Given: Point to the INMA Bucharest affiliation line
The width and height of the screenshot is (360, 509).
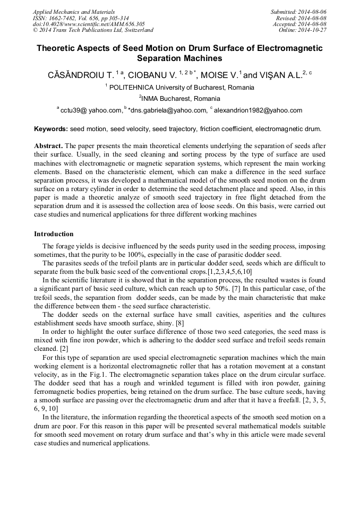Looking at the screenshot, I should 179,99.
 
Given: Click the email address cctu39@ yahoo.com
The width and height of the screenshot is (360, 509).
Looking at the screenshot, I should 91,110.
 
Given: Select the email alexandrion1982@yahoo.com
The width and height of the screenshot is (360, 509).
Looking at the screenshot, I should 258,110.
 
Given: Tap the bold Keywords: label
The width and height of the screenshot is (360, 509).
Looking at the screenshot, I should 51,129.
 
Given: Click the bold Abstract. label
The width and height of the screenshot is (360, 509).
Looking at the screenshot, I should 48,145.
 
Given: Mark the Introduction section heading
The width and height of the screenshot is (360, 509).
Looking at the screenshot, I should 54,234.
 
